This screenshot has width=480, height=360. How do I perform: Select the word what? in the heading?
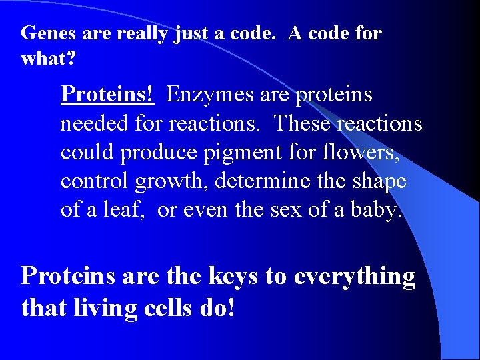[x=48, y=59]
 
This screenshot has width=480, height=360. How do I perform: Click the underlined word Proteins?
[x=107, y=95]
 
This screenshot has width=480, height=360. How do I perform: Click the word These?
[x=303, y=123]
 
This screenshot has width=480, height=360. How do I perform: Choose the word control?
[x=96, y=181]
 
